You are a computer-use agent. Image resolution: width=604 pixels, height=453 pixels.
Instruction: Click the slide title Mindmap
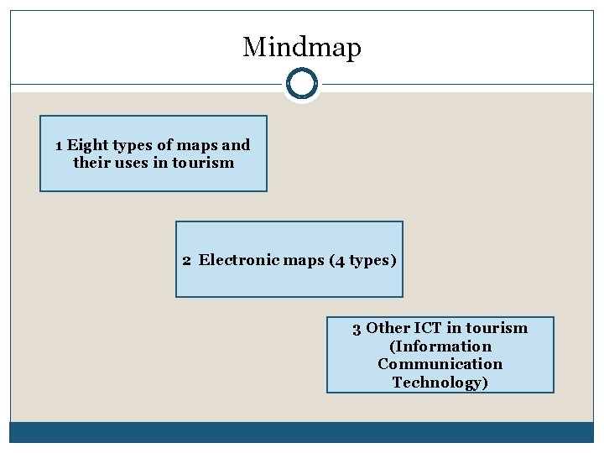point(301,47)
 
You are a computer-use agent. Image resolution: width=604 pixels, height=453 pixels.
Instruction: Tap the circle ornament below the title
point(301,84)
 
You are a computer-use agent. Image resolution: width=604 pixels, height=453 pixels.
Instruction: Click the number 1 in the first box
point(59,145)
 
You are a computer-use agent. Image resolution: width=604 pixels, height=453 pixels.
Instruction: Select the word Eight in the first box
point(87,145)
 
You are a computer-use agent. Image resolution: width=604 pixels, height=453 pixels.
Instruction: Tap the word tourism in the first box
point(202,163)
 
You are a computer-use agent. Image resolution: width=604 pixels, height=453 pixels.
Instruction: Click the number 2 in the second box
point(187,260)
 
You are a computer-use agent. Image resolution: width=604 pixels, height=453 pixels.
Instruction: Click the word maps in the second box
point(303,260)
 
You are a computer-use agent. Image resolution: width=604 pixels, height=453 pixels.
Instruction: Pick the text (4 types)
point(362,260)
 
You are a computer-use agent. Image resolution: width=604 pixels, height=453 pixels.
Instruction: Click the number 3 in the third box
point(357,328)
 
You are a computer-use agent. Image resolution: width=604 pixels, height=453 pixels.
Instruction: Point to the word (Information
point(440,346)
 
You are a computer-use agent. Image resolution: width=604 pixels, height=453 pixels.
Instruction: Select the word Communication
point(440,364)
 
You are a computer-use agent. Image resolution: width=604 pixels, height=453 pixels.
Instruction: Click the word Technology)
point(440,383)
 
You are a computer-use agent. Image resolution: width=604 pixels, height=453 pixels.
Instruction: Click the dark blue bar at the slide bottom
point(301,432)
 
